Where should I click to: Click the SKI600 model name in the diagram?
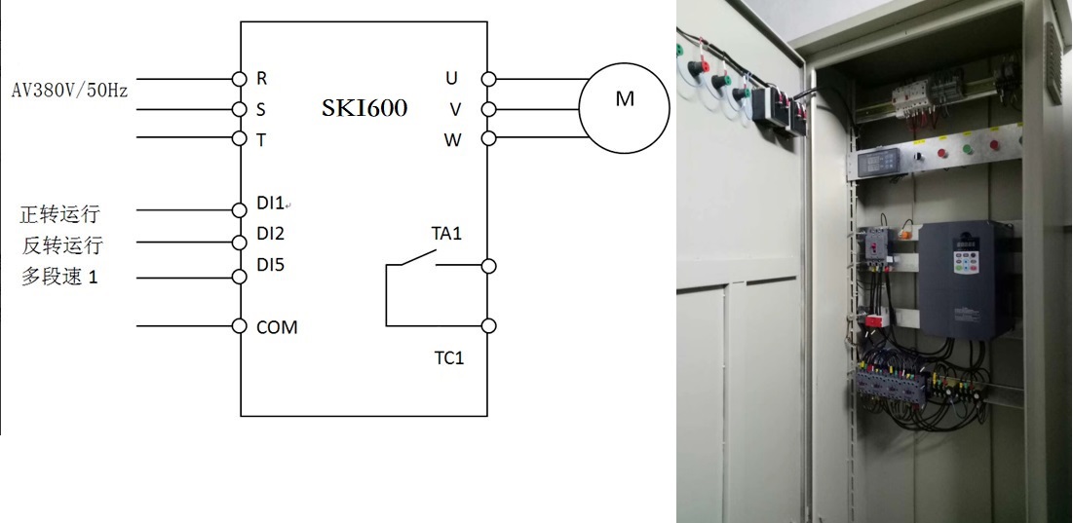click(x=364, y=108)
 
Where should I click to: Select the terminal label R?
click(x=261, y=78)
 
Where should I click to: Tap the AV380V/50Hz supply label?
click(x=69, y=90)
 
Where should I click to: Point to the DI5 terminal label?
click(x=270, y=264)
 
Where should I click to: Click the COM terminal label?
click(x=277, y=327)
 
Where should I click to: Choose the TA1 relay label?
click(x=447, y=234)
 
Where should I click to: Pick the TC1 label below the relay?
click(x=449, y=358)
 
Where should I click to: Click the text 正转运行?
click(x=60, y=213)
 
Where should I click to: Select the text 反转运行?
click(x=62, y=244)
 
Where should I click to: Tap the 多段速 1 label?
click(x=60, y=277)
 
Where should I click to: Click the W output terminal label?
click(x=453, y=139)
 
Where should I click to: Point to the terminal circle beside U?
click(x=488, y=78)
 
